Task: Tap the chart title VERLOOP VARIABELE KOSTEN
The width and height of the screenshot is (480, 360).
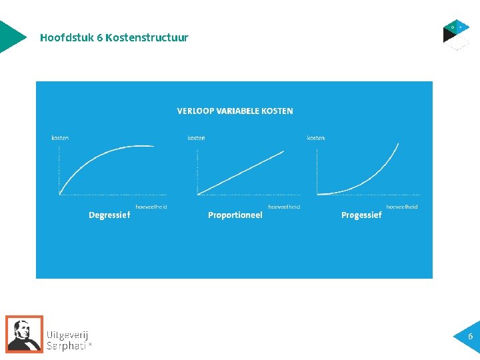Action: pyautogui.click(x=235, y=111)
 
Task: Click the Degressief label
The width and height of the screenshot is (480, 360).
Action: pyautogui.click(x=109, y=215)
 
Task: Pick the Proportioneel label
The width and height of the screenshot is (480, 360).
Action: pyautogui.click(x=235, y=215)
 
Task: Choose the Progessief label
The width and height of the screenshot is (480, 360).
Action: pyautogui.click(x=361, y=215)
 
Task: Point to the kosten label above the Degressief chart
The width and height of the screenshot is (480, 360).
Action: pyautogui.click(x=60, y=138)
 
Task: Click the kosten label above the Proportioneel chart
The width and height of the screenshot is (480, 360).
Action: pyautogui.click(x=196, y=138)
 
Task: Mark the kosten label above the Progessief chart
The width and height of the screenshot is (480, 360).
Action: pyautogui.click(x=316, y=138)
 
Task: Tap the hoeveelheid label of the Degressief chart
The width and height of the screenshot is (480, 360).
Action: pyautogui.click(x=151, y=207)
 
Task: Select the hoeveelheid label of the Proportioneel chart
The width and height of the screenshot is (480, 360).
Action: pyautogui.click(x=284, y=207)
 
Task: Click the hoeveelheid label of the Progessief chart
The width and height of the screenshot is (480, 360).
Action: pyautogui.click(x=402, y=207)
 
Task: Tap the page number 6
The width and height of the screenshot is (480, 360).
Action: pyautogui.click(x=470, y=337)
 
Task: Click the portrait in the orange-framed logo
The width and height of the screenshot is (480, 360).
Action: pyautogui.click(x=25, y=333)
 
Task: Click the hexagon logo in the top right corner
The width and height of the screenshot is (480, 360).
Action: pyautogui.click(x=457, y=35)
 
